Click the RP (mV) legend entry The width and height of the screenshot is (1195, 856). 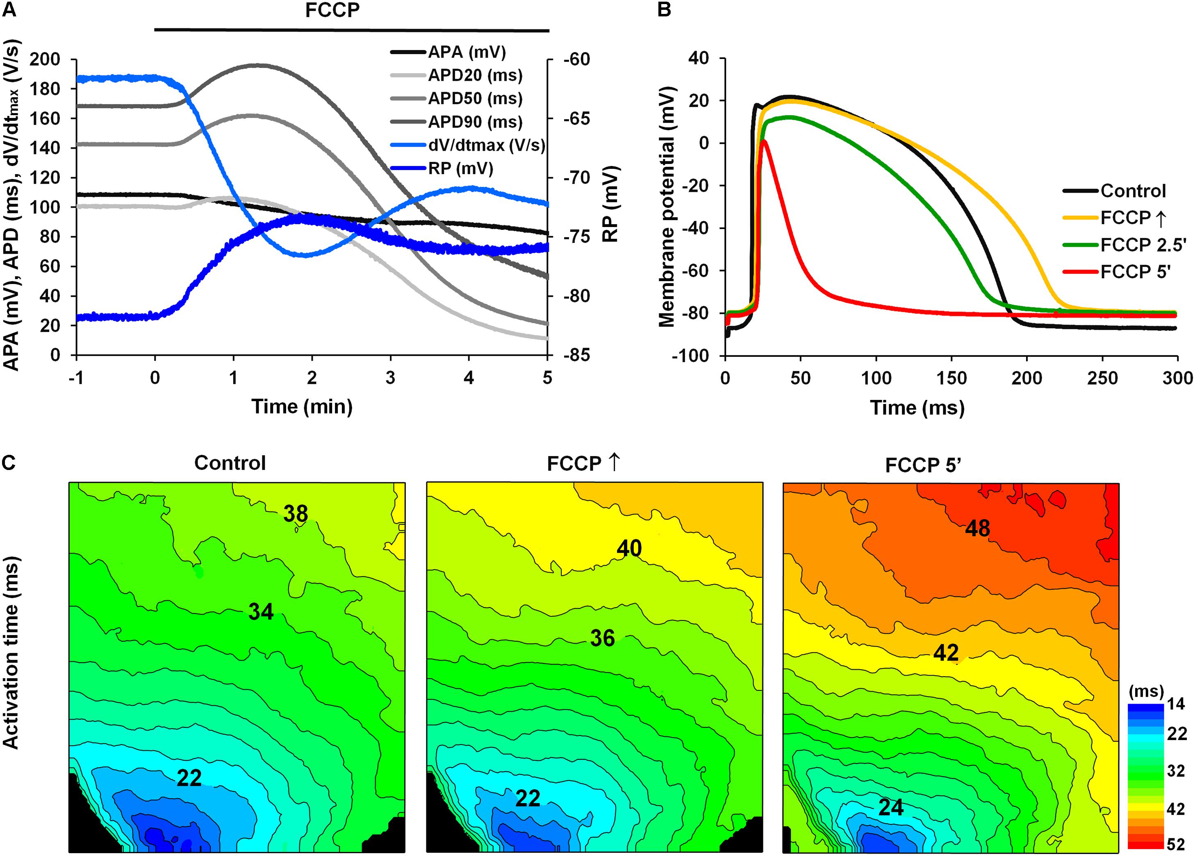pos(460,168)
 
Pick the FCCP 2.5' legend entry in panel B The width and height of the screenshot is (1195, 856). pos(1142,245)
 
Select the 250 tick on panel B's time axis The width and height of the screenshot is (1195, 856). pos(1103,378)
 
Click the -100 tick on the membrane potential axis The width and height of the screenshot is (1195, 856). pos(690,356)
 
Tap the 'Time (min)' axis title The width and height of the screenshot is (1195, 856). pos(302,406)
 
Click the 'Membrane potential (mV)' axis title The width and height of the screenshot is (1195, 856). pos(667,207)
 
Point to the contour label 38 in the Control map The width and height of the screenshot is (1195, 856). pos(296,513)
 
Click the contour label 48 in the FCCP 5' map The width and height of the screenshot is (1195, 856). pos(977,528)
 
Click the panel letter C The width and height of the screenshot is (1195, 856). pos(9,463)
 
